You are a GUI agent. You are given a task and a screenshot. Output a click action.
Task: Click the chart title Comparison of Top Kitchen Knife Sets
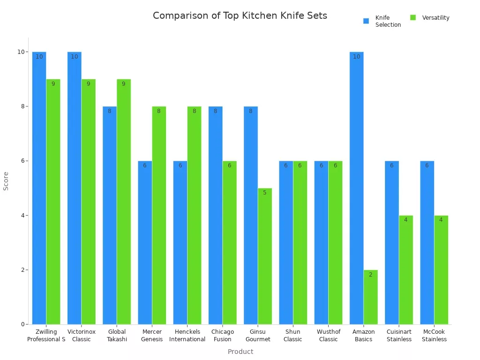240,15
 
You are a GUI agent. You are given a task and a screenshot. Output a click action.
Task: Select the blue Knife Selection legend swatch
366,21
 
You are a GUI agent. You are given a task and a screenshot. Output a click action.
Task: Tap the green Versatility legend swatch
413,18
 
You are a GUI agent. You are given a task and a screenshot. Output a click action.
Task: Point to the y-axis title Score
6,181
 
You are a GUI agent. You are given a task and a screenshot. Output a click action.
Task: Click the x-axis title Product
240,352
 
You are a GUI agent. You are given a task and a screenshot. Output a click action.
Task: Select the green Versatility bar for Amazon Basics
370,297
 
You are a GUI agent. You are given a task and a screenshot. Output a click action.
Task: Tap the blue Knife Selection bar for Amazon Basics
356,187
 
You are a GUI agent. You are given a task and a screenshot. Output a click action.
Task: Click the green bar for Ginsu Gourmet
265,256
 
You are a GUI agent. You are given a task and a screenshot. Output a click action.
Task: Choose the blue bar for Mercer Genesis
145,242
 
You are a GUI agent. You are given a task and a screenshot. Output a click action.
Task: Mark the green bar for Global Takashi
124,202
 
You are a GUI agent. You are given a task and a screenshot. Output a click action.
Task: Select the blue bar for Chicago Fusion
215,215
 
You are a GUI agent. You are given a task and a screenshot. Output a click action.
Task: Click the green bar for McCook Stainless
441,270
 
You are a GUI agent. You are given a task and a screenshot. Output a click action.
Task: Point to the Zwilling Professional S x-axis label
46,336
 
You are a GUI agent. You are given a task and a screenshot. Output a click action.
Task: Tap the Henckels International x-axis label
187,336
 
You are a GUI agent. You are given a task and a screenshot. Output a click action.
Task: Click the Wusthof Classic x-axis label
328,336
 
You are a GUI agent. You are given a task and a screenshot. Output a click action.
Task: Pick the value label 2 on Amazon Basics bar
370,275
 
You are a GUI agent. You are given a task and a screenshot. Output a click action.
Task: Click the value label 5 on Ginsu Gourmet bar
265,193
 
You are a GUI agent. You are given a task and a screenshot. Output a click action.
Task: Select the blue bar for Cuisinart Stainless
392,242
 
